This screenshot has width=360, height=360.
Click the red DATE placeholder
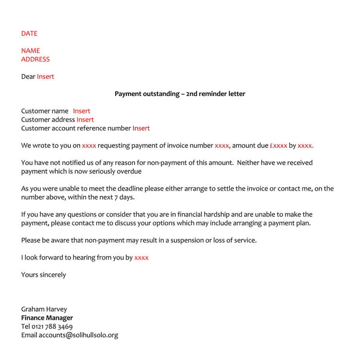tap(29, 34)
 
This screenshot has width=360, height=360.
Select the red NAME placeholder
tap(30, 51)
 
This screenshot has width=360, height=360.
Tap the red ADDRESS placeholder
tap(35, 60)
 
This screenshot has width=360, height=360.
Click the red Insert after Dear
tap(46, 77)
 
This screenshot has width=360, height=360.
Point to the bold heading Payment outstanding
tap(180, 94)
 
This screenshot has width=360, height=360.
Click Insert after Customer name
tap(82, 111)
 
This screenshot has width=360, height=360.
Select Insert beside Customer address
tap(85, 120)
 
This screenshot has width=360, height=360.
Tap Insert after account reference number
tap(141, 129)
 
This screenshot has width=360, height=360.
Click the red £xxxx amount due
tap(278, 145)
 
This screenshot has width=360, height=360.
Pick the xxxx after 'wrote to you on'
tap(89, 145)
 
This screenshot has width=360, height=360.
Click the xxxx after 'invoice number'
tap(222, 145)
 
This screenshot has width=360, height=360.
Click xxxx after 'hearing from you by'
tap(141, 258)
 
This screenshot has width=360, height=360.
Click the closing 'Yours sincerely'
tap(44, 275)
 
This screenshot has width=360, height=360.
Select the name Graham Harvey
tap(44, 310)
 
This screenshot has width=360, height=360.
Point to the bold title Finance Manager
tap(47, 318)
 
